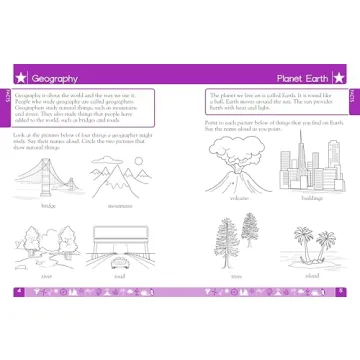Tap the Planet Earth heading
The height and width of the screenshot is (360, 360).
tap(307, 78)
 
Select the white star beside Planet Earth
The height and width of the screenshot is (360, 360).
tap(340, 78)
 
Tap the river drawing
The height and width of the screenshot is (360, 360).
tap(45, 247)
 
